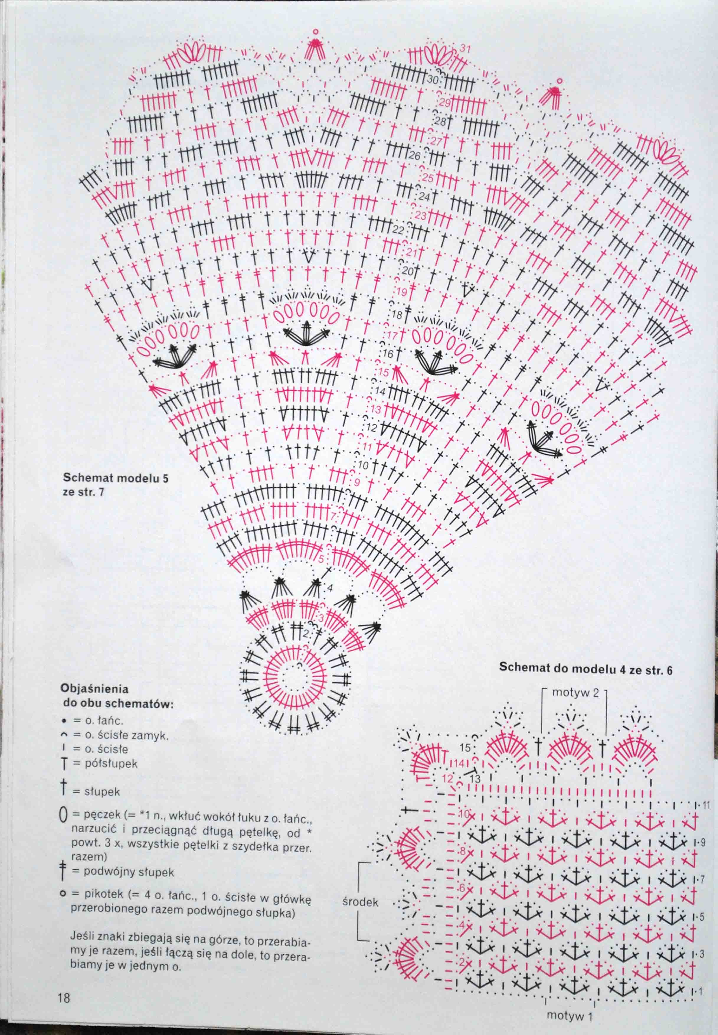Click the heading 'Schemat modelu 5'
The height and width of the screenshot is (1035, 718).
click(x=115, y=478)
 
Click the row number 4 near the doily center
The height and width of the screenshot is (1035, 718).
click(x=330, y=588)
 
